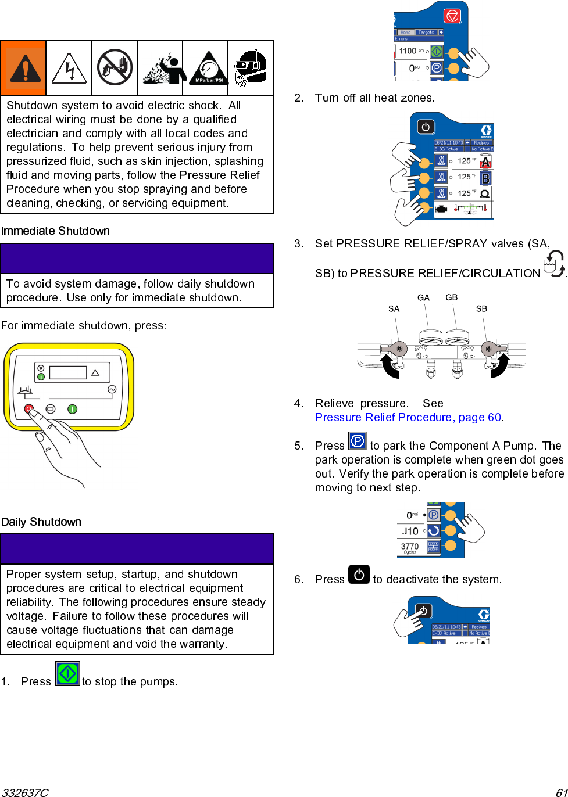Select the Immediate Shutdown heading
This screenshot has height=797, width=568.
pyautogui.click(x=55, y=231)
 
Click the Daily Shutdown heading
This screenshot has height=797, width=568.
pyautogui.click(x=41, y=522)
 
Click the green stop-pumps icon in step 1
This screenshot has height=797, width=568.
pyautogui.click(x=67, y=674)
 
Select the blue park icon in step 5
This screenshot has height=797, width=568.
pyautogui.click(x=357, y=441)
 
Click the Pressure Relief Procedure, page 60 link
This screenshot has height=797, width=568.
pyautogui.click(x=408, y=417)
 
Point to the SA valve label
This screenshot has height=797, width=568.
pyautogui.click(x=394, y=309)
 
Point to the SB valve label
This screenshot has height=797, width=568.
pyautogui.click(x=481, y=309)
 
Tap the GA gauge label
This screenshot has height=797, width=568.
pyautogui.click(x=423, y=297)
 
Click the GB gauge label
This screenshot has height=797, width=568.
pyautogui.click(x=452, y=297)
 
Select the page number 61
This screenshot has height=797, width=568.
pyautogui.click(x=561, y=792)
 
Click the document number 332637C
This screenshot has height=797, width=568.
pyautogui.click(x=25, y=792)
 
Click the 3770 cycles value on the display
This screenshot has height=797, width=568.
pyautogui.click(x=410, y=547)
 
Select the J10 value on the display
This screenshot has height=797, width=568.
pyautogui.click(x=410, y=531)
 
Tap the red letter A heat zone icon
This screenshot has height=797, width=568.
pyautogui.click(x=485, y=162)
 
